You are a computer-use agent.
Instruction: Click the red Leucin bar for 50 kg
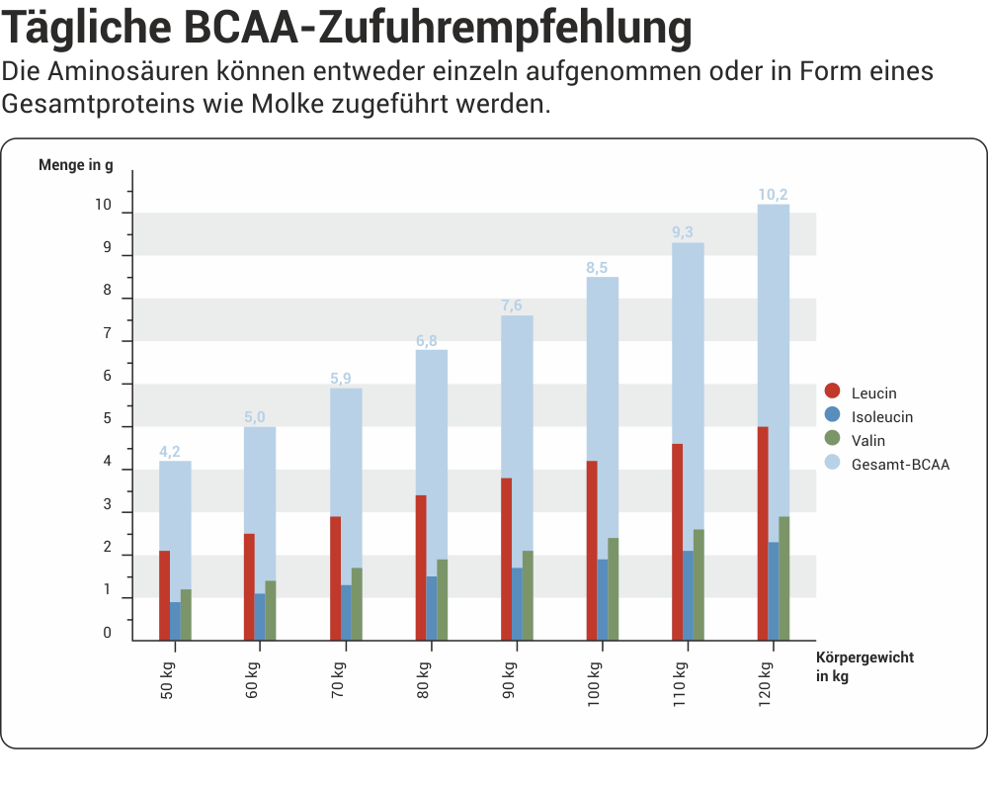(164, 595)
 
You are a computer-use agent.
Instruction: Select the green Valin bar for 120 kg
(783, 578)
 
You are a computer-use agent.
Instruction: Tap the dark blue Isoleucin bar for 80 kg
(432, 608)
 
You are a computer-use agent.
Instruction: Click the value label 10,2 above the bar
(773, 194)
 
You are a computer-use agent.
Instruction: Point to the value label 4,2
(170, 452)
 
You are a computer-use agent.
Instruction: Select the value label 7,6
(512, 306)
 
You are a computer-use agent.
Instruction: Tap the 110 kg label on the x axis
(680, 679)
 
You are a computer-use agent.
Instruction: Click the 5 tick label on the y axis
(108, 419)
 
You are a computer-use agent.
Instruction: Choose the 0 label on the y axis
(108, 633)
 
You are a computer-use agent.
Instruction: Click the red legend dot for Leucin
(832, 393)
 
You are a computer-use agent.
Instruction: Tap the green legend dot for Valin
(832, 439)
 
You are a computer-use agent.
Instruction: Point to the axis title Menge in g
(76, 165)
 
